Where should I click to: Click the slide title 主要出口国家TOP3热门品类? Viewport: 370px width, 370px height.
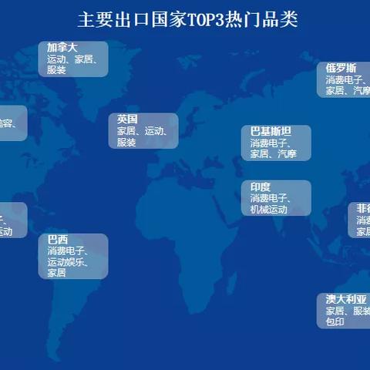click(187, 19)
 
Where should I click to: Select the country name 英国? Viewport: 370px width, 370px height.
click(127, 119)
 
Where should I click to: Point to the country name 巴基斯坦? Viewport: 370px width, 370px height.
click(271, 132)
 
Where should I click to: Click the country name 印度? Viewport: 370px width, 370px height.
click(260, 187)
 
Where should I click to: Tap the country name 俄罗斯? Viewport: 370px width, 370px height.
click(340, 68)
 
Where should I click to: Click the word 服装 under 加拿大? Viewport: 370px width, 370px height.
click(57, 69)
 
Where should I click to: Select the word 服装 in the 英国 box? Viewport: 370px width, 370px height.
click(126, 142)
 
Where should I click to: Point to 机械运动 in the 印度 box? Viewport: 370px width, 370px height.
click(268, 210)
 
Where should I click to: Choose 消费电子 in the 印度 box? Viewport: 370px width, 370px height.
click(268, 199)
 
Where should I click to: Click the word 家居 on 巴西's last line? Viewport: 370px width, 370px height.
click(56, 272)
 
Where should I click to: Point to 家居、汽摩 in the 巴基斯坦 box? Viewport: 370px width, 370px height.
click(273, 154)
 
